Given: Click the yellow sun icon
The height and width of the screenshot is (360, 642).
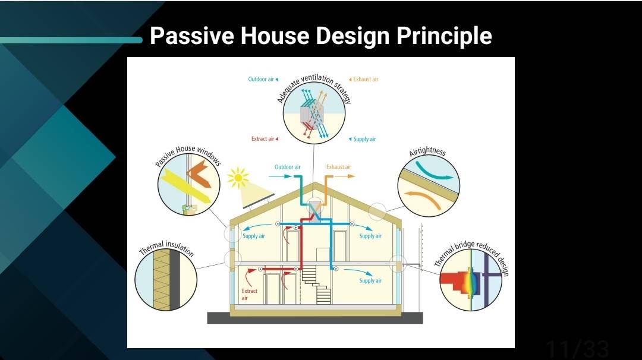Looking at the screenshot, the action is tap(238, 178).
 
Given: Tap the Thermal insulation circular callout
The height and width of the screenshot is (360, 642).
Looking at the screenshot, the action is tap(166, 280).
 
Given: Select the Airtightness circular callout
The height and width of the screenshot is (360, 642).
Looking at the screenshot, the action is tap(429, 186).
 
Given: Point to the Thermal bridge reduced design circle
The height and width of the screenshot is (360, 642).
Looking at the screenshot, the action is tap(471, 280).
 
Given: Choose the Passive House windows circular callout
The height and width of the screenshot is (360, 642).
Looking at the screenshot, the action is tap(189, 184).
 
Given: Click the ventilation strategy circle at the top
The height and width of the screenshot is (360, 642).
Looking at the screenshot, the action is tap(314, 113).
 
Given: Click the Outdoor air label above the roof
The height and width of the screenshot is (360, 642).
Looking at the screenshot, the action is tap(288, 167).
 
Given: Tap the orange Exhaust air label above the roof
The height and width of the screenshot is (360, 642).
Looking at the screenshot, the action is tap(339, 167).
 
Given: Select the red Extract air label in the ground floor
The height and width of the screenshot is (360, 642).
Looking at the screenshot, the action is tap(249, 294).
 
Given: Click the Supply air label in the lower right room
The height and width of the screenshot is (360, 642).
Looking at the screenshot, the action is tap(370, 280).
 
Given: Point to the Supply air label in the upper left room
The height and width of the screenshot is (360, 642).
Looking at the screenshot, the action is tap(253, 236).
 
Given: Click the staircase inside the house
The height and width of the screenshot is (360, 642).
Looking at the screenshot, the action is tap(316, 285).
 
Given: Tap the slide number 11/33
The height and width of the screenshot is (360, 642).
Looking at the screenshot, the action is tap(577, 349).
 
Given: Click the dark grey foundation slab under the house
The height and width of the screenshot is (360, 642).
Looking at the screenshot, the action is tap(315, 318).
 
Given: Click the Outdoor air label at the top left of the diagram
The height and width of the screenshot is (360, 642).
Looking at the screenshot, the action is tap(263, 79).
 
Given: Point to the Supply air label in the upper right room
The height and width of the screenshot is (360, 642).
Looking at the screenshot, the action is tap(370, 236).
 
